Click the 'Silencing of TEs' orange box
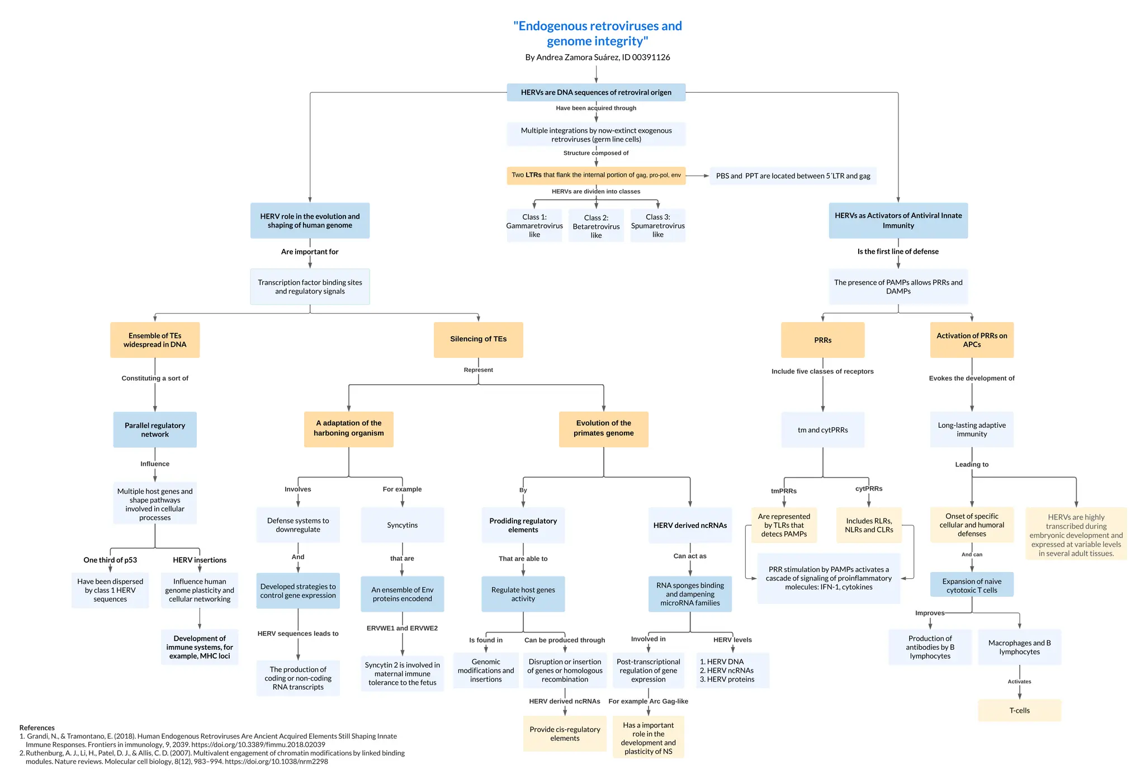coord(478,339)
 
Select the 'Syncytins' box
coord(402,525)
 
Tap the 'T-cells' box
coord(1019,710)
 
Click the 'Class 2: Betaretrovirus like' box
coord(596,226)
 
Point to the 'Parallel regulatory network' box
coord(155,429)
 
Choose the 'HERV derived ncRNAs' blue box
coord(690,525)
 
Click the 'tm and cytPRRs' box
coord(822,429)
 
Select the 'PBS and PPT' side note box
coord(793,176)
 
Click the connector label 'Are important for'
coord(310,252)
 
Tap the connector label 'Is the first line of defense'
coord(898,251)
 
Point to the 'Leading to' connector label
coord(972,464)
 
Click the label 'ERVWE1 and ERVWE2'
coord(402,628)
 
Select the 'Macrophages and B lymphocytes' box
coord(1019,647)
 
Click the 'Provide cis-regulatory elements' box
coord(565,733)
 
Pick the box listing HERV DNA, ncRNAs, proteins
coord(732,670)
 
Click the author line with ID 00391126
coord(597,57)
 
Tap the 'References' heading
coord(37,728)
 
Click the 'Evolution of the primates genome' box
coord(603,428)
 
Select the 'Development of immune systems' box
coord(200,647)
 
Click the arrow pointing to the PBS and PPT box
coord(698,176)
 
